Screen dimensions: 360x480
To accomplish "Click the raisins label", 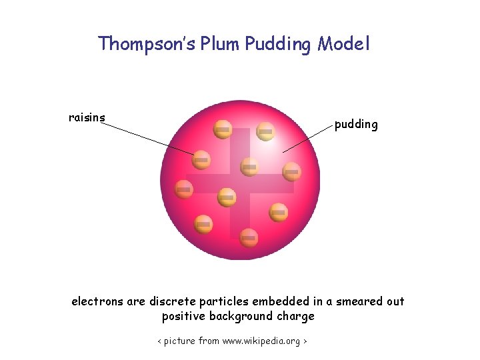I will [87, 118].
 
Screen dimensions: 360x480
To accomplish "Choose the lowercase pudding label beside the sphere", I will [356, 125].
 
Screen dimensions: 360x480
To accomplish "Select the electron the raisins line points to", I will [201, 160].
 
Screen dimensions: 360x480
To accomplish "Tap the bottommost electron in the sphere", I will [249, 236].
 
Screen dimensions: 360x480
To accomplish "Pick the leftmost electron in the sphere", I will [184, 189].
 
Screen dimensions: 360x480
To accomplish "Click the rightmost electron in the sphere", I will [291, 172].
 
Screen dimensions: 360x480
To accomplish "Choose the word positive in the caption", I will [183, 316].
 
